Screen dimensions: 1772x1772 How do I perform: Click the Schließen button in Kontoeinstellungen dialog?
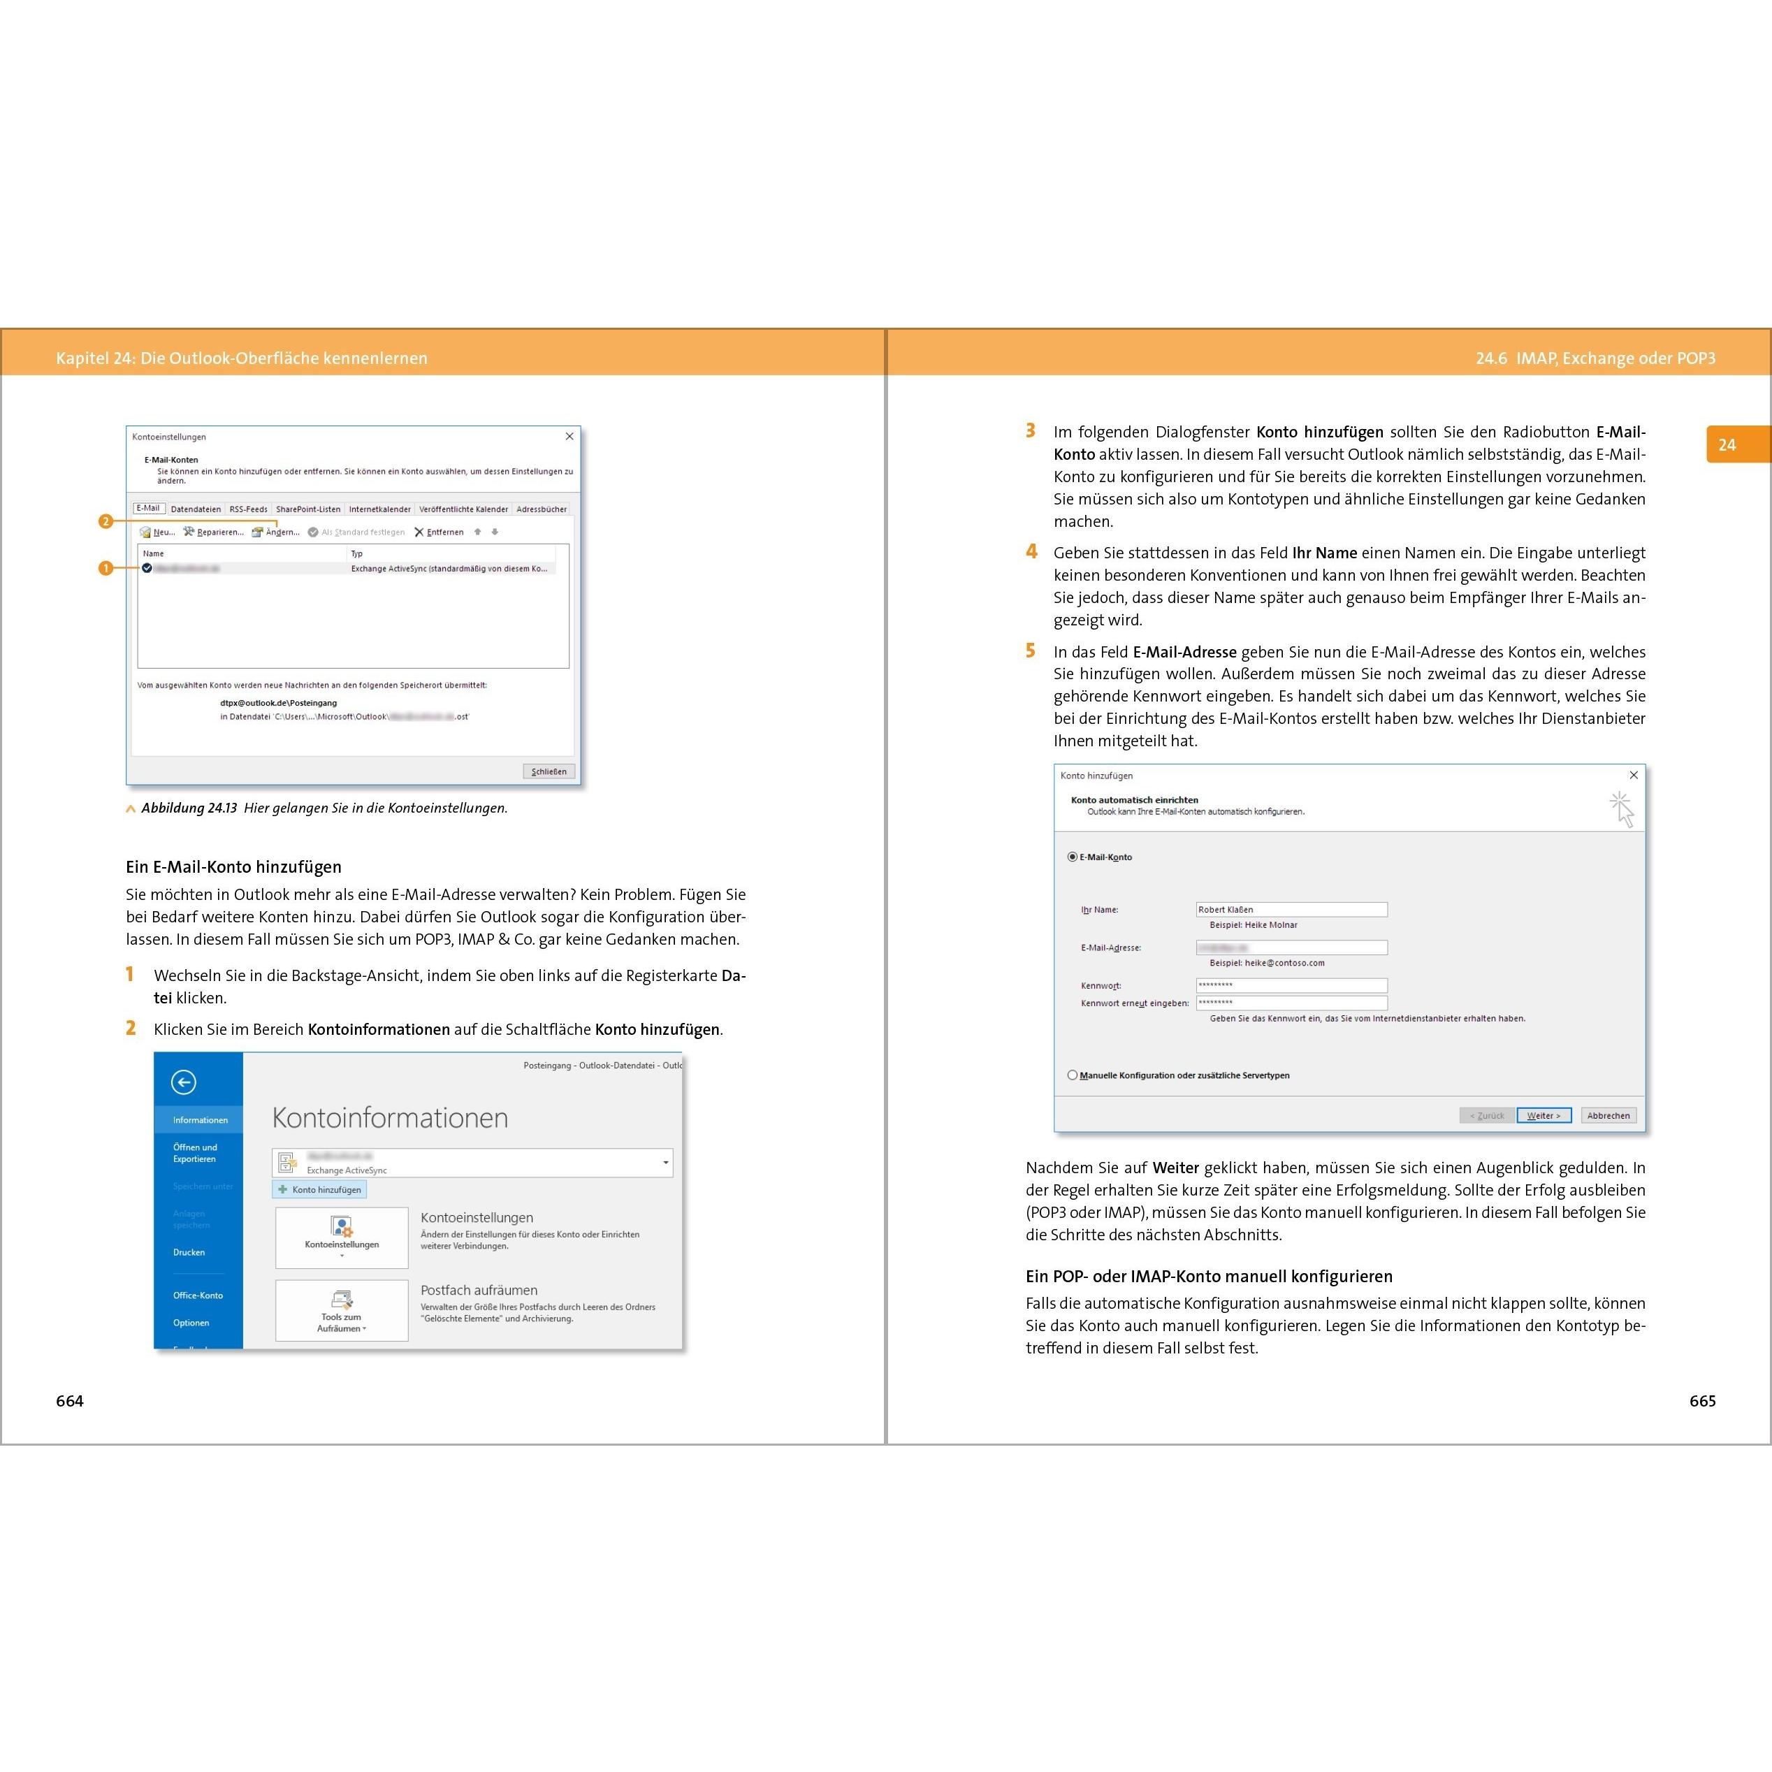point(549,771)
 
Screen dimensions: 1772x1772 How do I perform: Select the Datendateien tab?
point(196,509)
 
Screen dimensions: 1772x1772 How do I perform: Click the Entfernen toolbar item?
point(440,532)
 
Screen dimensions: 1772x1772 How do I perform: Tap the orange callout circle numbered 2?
point(106,521)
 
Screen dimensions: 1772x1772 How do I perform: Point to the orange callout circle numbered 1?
point(106,569)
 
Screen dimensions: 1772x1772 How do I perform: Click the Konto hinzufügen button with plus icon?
point(319,1189)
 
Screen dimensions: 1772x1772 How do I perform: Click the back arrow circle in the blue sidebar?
point(184,1082)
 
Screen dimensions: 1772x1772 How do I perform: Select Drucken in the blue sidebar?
point(189,1252)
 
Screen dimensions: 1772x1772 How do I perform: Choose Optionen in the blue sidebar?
point(191,1323)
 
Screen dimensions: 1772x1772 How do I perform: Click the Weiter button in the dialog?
point(1544,1115)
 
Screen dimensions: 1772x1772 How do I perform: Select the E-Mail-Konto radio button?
point(1072,857)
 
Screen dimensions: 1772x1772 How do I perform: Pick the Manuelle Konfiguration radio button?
point(1072,1075)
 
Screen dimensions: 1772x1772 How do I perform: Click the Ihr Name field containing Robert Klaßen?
point(1291,910)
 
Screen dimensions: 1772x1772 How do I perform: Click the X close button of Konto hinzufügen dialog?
point(1634,775)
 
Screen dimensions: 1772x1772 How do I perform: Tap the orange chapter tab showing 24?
point(1728,445)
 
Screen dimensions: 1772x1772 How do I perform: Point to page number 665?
point(1702,1400)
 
